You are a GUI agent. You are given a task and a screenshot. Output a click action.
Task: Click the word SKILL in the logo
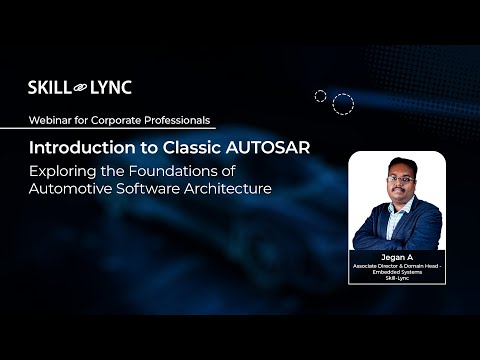[x=48, y=88]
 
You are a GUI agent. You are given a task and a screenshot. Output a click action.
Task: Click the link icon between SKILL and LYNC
[x=80, y=88]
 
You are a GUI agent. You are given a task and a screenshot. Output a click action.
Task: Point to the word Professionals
[x=174, y=120]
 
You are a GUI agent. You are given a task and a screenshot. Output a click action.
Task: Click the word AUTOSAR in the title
[x=266, y=147]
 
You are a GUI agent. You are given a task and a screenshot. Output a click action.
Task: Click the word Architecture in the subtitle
[x=226, y=189]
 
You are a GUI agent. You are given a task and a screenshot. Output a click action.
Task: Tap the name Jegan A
[x=397, y=257]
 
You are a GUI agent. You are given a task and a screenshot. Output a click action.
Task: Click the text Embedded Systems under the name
[x=397, y=271]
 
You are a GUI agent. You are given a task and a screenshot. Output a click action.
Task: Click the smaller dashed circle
[x=321, y=96]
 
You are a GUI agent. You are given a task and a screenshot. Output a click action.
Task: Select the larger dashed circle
[x=343, y=104]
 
